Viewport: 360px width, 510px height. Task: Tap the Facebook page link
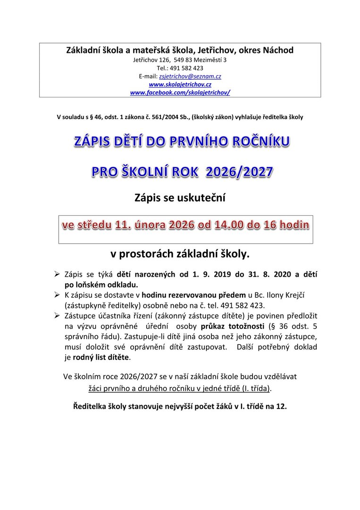180,92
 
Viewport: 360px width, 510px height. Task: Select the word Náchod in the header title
277,50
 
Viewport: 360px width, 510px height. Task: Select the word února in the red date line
148,225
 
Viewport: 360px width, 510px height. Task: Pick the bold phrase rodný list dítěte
100,357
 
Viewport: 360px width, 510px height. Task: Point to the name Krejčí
293,295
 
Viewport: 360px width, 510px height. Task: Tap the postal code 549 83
183,60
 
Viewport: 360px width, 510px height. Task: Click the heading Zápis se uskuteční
180,198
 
